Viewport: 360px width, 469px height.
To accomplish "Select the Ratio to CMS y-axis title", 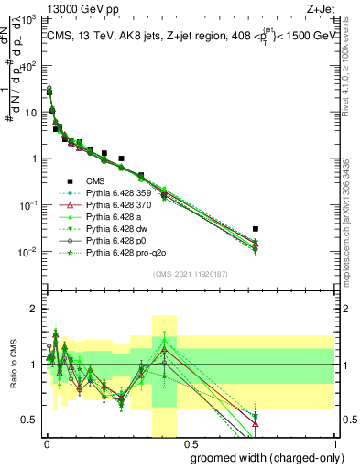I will point(15,378).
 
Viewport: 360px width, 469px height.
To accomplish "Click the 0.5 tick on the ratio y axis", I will point(30,420).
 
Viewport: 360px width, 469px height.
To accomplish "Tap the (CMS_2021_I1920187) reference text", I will point(190,274).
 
